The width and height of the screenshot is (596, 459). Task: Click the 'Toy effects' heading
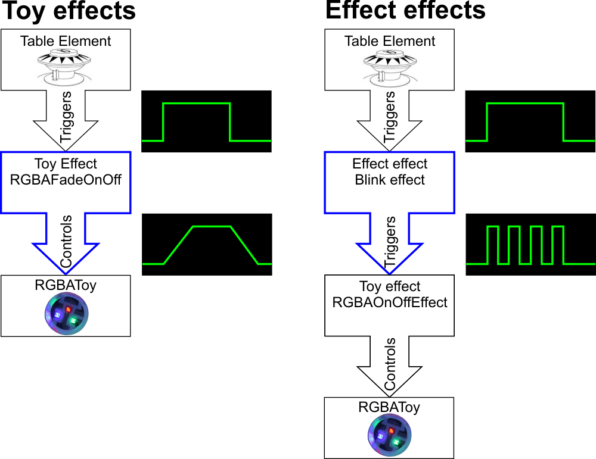click(69, 11)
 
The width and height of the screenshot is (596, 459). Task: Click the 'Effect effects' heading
click(405, 11)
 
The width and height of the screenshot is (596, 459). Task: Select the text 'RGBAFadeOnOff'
click(66, 179)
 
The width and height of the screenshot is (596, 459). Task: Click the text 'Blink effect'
click(390, 180)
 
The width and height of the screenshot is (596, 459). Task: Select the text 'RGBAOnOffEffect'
click(390, 302)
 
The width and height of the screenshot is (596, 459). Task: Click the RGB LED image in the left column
click(66, 314)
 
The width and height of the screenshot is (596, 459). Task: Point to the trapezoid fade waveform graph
click(207, 245)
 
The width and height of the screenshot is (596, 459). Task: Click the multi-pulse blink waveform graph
click(530, 245)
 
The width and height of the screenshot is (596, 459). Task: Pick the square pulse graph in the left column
click(207, 121)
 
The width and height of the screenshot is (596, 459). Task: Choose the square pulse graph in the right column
click(530, 121)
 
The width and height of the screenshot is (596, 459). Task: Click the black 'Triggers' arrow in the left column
click(66, 117)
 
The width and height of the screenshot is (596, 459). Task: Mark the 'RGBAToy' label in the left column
click(66, 285)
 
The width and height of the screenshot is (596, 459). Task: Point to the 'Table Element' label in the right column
click(390, 41)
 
